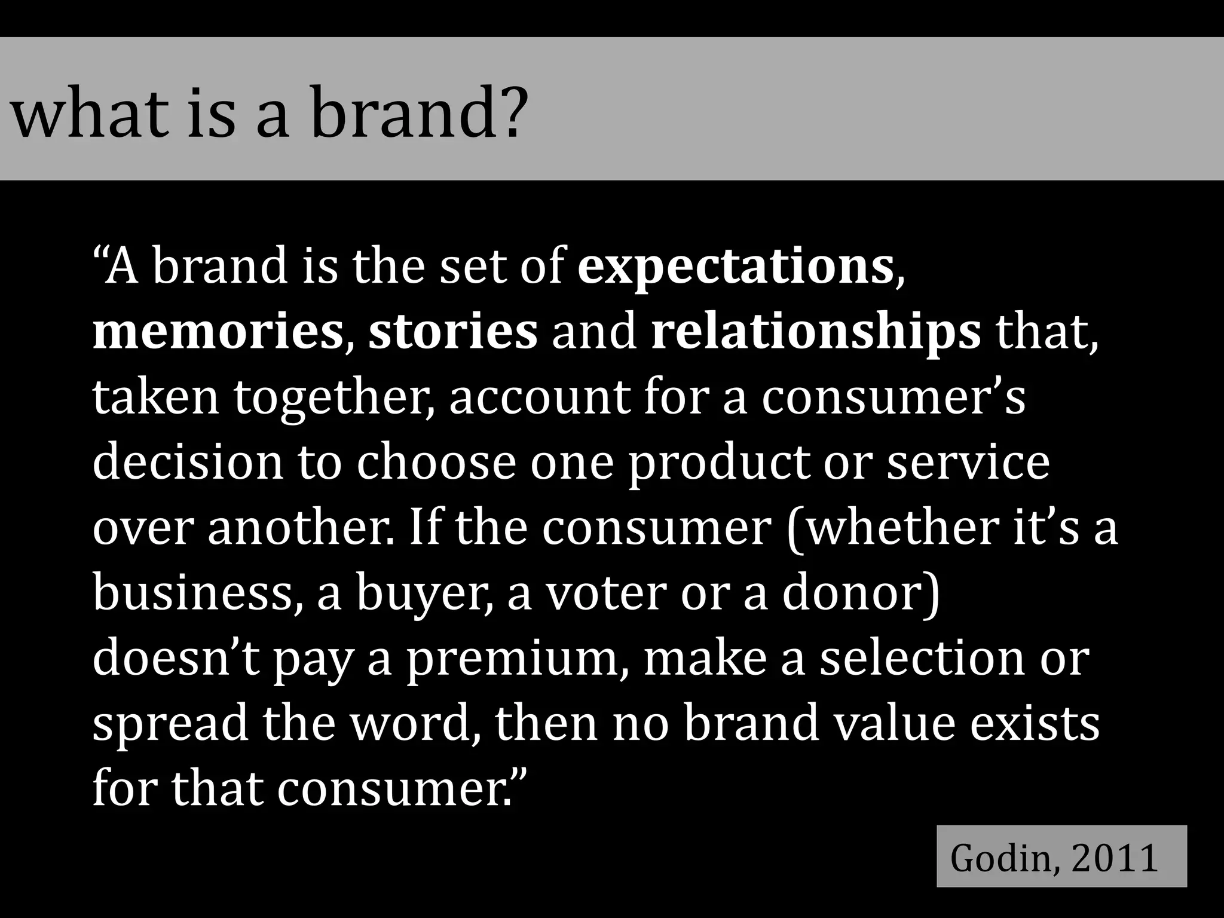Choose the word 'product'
[717, 463]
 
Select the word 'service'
[968, 463]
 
